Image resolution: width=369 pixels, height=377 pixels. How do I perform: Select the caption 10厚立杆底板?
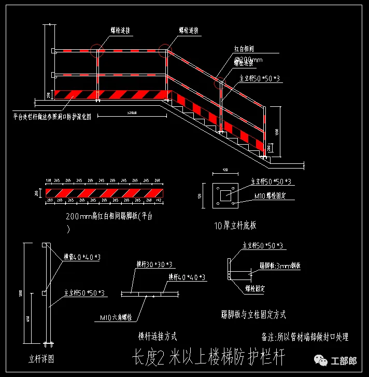(x=235, y=226)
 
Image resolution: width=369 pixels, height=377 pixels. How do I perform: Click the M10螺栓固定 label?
(x=271, y=196)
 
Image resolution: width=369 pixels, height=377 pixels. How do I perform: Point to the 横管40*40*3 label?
(x=82, y=257)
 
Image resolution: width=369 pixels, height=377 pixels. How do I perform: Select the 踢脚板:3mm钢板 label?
(x=280, y=265)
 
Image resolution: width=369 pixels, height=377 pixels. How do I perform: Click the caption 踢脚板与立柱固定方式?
(x=253, y=314)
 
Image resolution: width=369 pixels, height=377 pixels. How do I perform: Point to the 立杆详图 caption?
(x=41, y=357)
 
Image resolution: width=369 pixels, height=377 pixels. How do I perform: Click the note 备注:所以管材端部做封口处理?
(x=306, y=337)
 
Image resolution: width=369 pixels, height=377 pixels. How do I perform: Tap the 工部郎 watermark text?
(x=344, y=360)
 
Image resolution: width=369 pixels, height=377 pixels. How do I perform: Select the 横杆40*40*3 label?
(x=186, y=277)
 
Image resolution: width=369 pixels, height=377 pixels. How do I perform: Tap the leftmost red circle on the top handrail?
(x=97, y=50)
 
